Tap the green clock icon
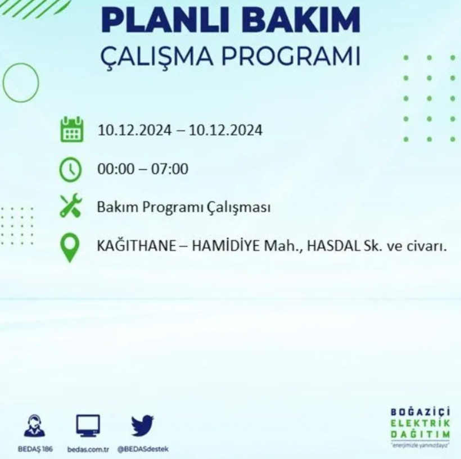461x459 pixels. [71, 169]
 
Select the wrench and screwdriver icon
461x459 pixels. [71, 207]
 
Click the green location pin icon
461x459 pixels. [70, 247]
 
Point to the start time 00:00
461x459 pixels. [115, 169]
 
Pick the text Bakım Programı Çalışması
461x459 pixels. [183, 207]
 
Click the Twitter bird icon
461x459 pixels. [142, 425]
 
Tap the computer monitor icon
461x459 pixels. [88, 425]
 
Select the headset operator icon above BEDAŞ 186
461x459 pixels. [35, 425]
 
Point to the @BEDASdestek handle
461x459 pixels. [143, 449]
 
